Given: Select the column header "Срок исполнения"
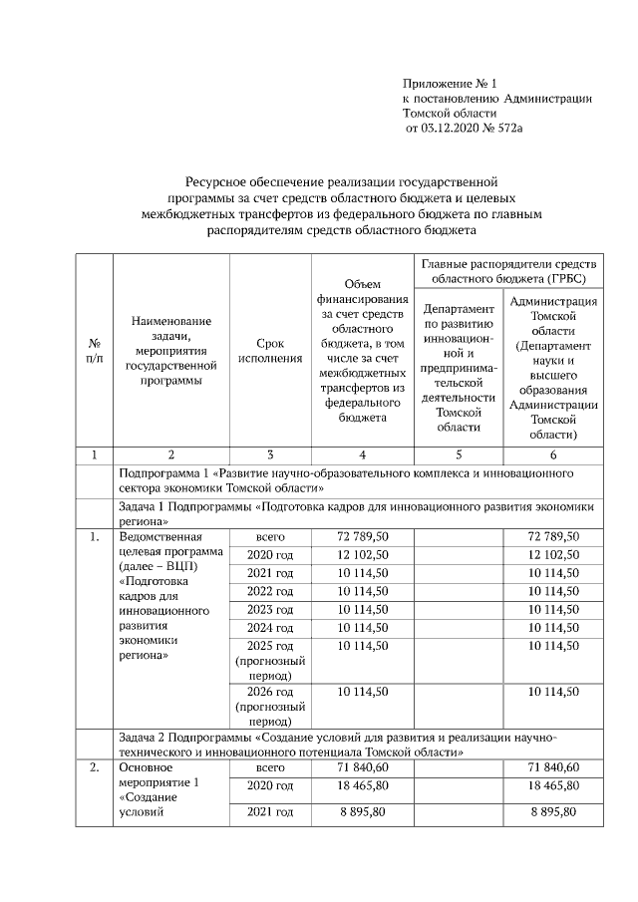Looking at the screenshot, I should [x=270, y=351].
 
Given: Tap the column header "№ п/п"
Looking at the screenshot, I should [x=95, y=351].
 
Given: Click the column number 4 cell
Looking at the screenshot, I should [x=362, y=454].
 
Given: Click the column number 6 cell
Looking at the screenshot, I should [x=553, y=454].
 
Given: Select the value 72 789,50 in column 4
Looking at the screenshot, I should [x=362, y=537].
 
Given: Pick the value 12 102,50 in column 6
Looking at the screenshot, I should [x=553, y=555].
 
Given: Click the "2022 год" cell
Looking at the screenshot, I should [x=270, y=591].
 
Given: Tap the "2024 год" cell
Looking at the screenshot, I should [x=270, y=627].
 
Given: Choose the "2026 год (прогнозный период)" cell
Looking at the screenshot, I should [x=270, y=706].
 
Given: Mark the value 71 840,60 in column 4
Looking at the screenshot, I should [x=362, y=767].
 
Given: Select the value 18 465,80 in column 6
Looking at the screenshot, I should [x=553, y=786].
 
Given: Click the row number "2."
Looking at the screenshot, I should [x=94, y=767].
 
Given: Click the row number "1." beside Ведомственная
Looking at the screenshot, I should [x=94, y=537].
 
